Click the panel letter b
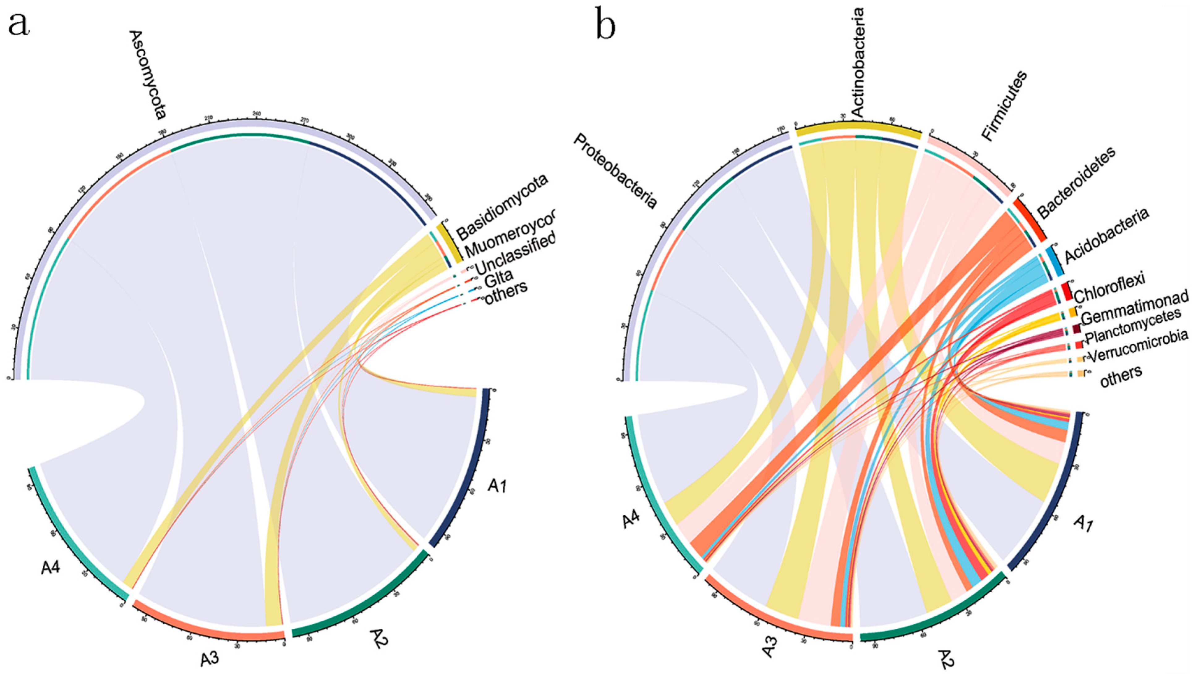[606, 27]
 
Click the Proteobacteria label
[615, 171]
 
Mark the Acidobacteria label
[1107, 236]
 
